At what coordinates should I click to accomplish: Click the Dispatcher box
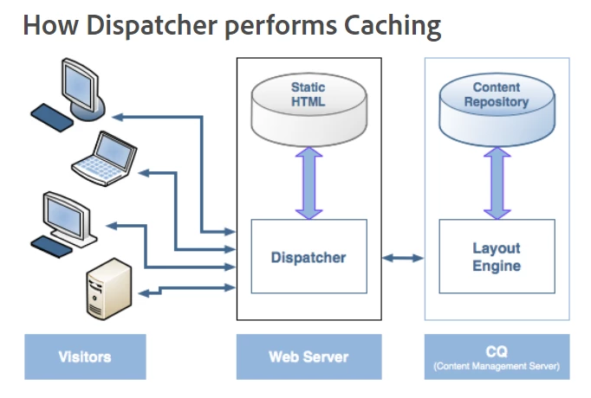[x=308, y=256]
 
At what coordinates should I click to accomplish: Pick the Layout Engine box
[x=497, y=256]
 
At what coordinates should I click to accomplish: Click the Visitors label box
[x=85, y=356]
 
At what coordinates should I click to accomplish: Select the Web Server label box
[x=308, y=356]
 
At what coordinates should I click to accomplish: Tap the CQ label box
[x=497, y=356]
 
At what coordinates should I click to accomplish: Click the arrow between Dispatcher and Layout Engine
[x=403, y=257]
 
